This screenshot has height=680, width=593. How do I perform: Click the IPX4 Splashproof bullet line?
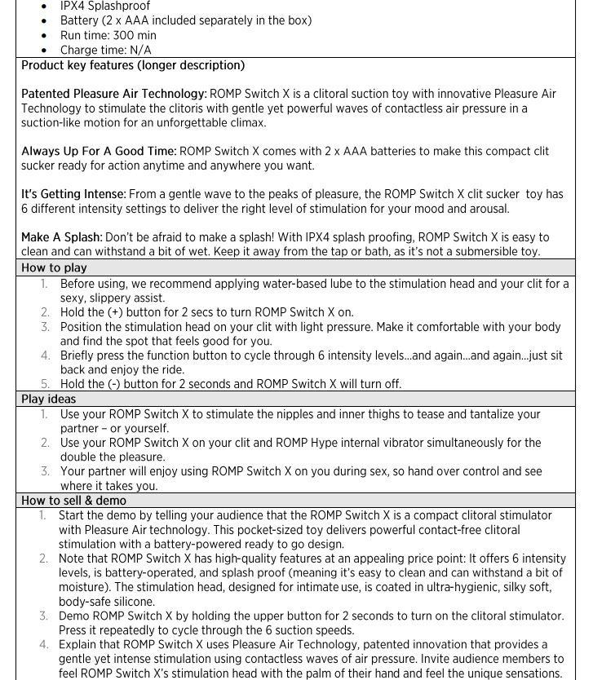click(x=105, y=7)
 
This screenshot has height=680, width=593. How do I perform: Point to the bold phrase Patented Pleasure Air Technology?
click(x=113, y=94)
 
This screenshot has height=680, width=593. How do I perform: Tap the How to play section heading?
click(x=54, y=267)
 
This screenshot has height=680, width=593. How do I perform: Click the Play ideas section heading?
click(x=48, y=400)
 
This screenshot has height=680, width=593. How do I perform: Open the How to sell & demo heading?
click(x=73, y=501)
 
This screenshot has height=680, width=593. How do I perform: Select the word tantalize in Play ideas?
click(x=482, y=415)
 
